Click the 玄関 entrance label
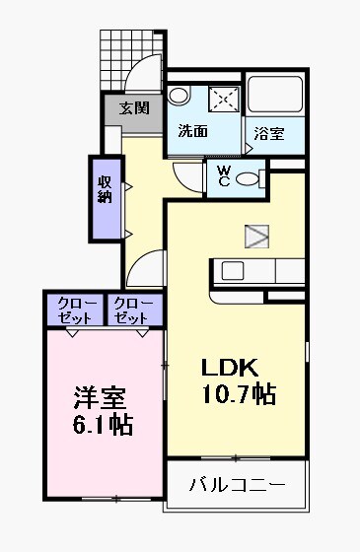click(135, 108)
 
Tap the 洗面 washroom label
click(193, 131)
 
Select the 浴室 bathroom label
click(268, 132)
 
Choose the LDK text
click(230, 369)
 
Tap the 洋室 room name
click(101, 400)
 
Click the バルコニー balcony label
click(237, 485)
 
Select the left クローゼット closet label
click(75, 310)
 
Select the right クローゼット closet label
click(131, 310)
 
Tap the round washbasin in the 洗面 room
click(179, 96)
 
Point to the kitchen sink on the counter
click(235, 270)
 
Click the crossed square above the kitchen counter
click(257, 236)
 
